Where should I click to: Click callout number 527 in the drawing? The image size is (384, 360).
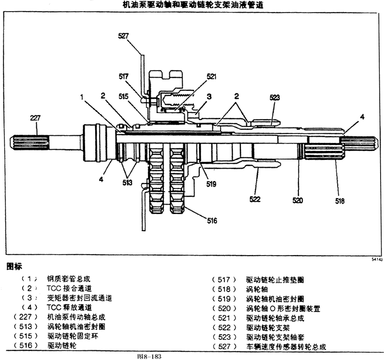(x=123, y=36)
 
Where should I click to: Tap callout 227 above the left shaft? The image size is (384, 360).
(x=35, y=118)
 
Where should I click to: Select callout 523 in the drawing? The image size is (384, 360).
(x=275, y=98)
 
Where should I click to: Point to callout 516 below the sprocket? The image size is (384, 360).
(x=212, y=221)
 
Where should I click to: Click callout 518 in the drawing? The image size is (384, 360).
(x=340, y=201)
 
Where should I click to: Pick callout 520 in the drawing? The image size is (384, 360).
(x=297, y=201)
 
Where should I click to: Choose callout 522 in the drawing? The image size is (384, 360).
(x=255, y=199)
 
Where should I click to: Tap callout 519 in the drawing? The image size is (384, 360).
(x=211, y=184)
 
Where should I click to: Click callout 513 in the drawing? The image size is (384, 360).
(x=127, y=182)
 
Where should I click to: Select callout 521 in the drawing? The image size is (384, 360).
(x=212, y=77)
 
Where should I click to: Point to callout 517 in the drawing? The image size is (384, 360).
(x=124, y=76)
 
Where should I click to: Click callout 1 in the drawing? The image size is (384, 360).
(x=82, y=97)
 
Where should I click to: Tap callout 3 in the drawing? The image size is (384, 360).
(x=209, y=97)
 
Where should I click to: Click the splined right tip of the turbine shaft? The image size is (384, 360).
(x=359, y=143)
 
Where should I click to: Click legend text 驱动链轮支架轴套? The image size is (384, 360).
(x=275, y=337)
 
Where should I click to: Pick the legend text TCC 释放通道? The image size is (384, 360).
(x=69, y=307)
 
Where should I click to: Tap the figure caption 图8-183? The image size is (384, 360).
(x=149, y=356)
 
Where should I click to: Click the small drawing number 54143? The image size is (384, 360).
(x=377, y=259)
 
